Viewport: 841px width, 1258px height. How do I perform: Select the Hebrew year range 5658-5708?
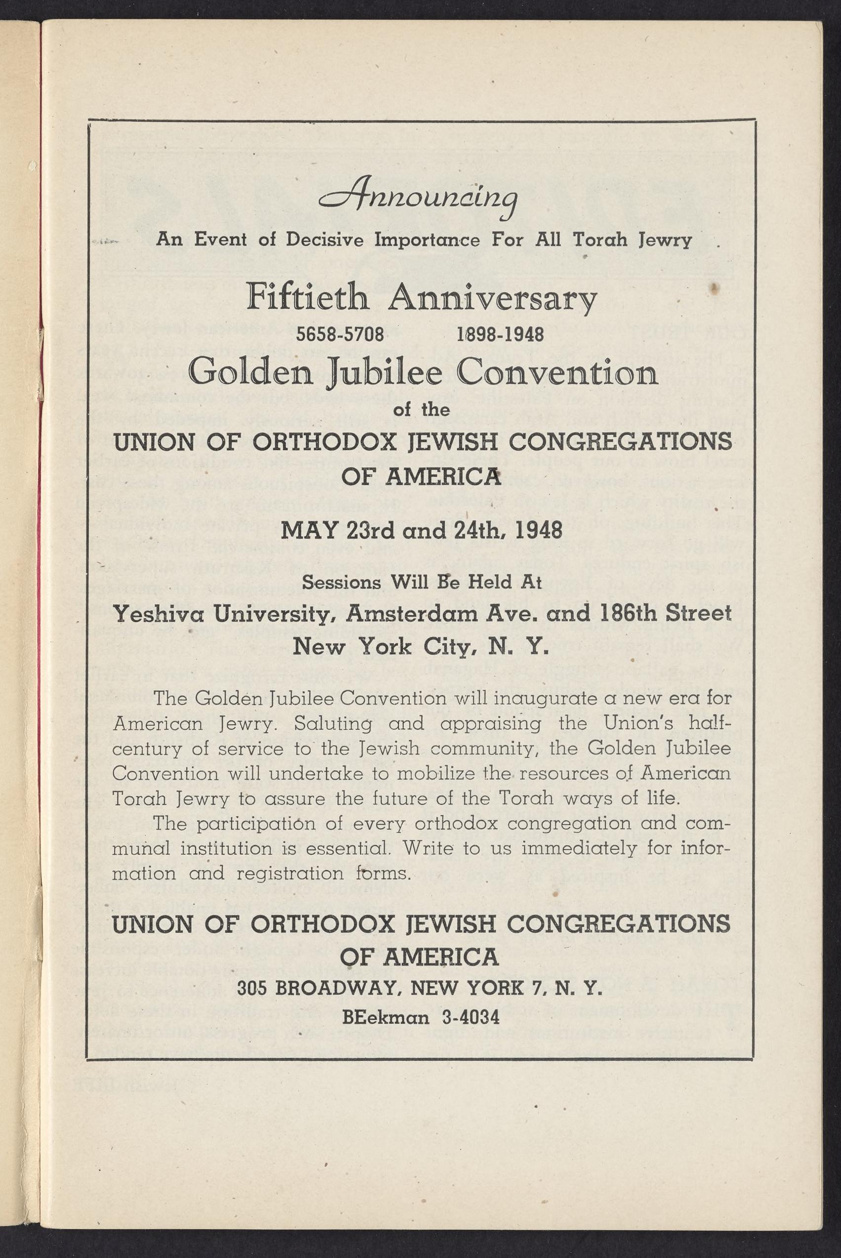pos(341,335)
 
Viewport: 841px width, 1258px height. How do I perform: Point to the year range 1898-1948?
pos(500,335)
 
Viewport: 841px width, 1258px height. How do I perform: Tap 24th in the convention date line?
pos(474,531)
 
